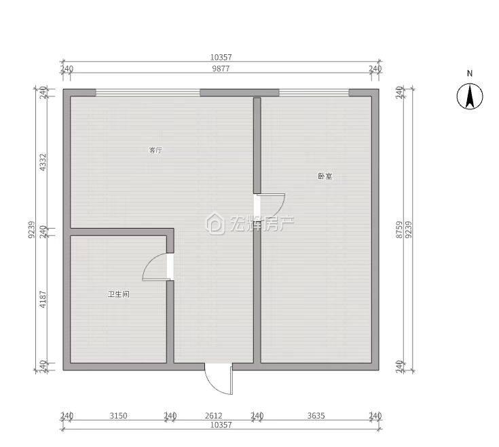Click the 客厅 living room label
coord(155,150)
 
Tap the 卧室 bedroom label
coord(325,176)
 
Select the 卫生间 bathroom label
coord(118,294)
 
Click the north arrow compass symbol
coord(470,96)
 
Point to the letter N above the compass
coord(470,73)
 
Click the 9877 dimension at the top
coord(221,69)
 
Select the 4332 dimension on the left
coord(43,162)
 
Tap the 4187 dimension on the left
coord(43,300)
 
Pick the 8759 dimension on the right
coord(400,230)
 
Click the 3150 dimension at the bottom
coord(118,416)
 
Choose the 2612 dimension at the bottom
coord(214,416)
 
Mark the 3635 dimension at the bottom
coord(316,416)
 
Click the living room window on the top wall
coord(148,93)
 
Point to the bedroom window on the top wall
coord(314,93)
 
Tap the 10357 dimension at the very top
coord(221,57)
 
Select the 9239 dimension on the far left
coord(31,229)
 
